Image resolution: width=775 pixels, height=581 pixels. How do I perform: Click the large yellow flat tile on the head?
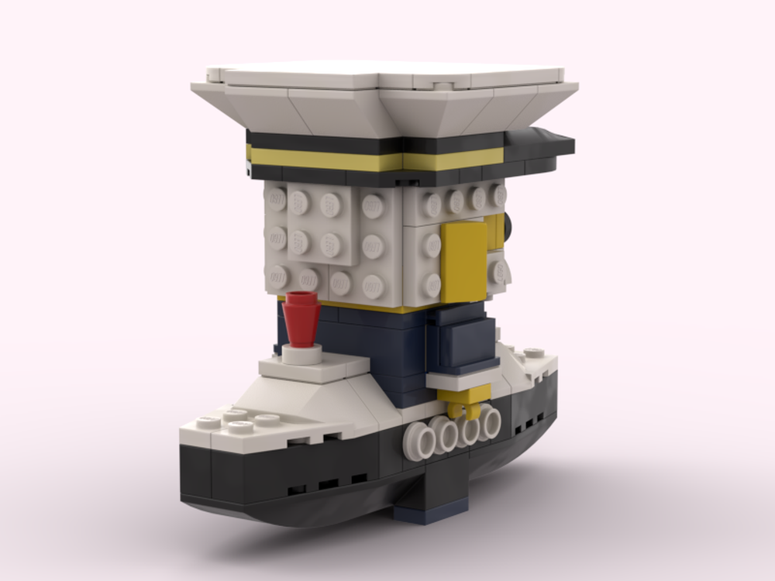click(x=463, y=262)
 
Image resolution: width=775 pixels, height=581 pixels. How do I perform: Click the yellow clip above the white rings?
click(x=463, y=401)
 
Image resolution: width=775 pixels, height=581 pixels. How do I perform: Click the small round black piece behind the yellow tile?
click(x=508, y=226)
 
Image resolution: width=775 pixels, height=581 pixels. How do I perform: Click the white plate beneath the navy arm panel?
click(x=463, y=379)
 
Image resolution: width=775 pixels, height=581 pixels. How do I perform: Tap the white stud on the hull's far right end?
click(x=534, y=354)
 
